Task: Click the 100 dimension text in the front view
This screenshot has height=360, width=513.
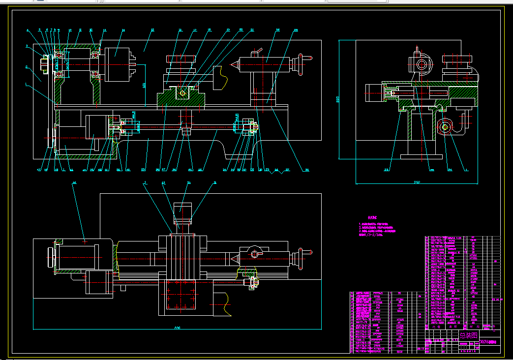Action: tap(144, 85)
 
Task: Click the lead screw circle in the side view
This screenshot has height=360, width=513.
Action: tap(445, 127)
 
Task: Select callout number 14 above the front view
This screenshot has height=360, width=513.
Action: tap(123, 30)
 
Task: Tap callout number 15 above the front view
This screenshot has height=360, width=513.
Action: tap(152, 30)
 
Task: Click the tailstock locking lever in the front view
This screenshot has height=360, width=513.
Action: tap(256, 52)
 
